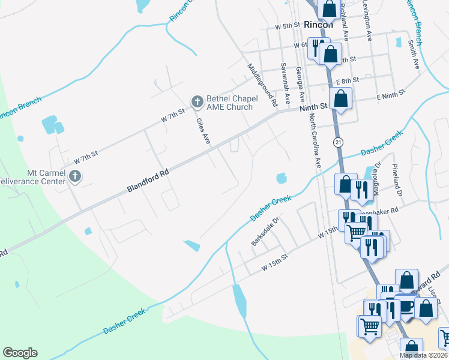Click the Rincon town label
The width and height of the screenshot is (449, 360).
tap(318, 25)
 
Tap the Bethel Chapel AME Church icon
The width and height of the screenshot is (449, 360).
tap(197, 103)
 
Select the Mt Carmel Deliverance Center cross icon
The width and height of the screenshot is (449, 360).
tap(74, 176)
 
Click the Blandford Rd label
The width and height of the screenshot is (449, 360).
tap(148, 180)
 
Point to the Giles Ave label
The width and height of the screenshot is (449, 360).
tap(203, 131)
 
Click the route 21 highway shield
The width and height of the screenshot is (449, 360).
tap(339, 142)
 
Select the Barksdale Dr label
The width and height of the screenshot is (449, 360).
tap(265, 231)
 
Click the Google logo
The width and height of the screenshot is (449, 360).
tap(20, 353)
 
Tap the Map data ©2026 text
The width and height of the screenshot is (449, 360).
tap(423, 355)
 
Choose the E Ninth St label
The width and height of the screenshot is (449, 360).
tap(391, 96)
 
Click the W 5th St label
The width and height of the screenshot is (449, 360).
tap(287, 26)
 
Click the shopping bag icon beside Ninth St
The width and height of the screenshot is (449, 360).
tap(340, 98)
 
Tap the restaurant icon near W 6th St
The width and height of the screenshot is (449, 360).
tap(316, 47)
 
